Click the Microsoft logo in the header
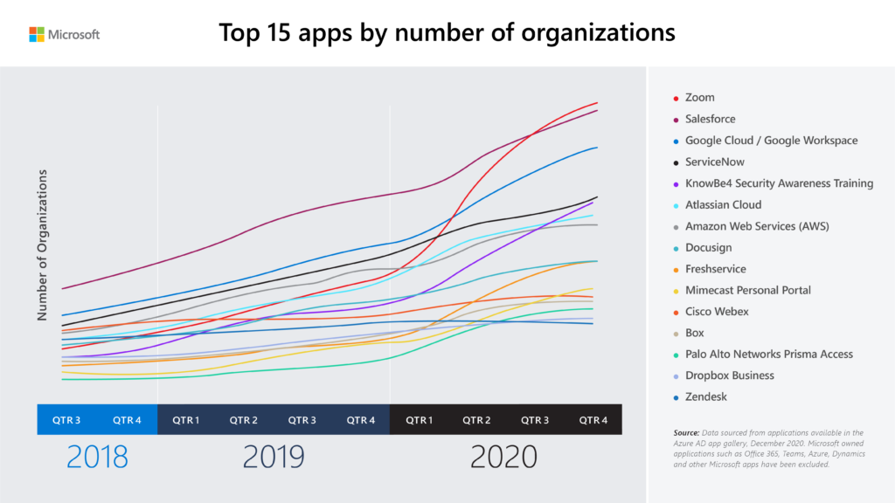point(64,34)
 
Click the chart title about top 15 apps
point(447,33)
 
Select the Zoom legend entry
point(699,98)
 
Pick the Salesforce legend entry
point(710,119)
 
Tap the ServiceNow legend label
point(714,162)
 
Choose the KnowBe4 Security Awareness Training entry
point(779,183)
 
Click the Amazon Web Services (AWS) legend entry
point(756,226)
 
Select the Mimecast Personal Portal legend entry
point(747,290)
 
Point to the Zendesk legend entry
point(705,396)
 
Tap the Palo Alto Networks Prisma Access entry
point(768,354)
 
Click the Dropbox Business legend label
point(729,376)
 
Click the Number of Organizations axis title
point(42,245)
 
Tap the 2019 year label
point(273,457)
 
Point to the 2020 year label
point(505,457)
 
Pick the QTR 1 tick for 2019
point(185,420)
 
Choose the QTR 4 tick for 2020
point(593,420)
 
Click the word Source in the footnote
point(687,432)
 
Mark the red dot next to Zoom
point(675,98)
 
